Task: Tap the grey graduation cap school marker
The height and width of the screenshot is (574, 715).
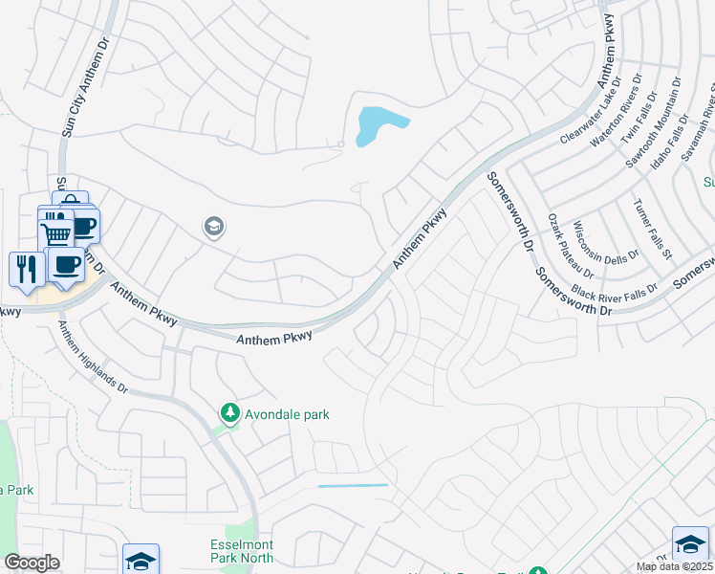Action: coord(213,228)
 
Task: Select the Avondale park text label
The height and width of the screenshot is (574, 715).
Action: coord(286,414)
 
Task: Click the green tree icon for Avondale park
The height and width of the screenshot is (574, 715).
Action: coord(229,413)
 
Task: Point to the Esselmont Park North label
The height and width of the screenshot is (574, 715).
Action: coord(242,551)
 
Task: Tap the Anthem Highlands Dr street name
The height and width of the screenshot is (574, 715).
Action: coord(93,358)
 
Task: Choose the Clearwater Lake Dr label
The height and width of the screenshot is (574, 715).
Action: coord(590,110)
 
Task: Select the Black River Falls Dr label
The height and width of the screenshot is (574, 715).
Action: coord(615,289)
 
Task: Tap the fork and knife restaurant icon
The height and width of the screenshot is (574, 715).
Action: coord(26,269)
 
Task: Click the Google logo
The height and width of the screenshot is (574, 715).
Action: coord(32,563)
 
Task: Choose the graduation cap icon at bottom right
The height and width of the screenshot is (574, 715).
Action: coord(689,543)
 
